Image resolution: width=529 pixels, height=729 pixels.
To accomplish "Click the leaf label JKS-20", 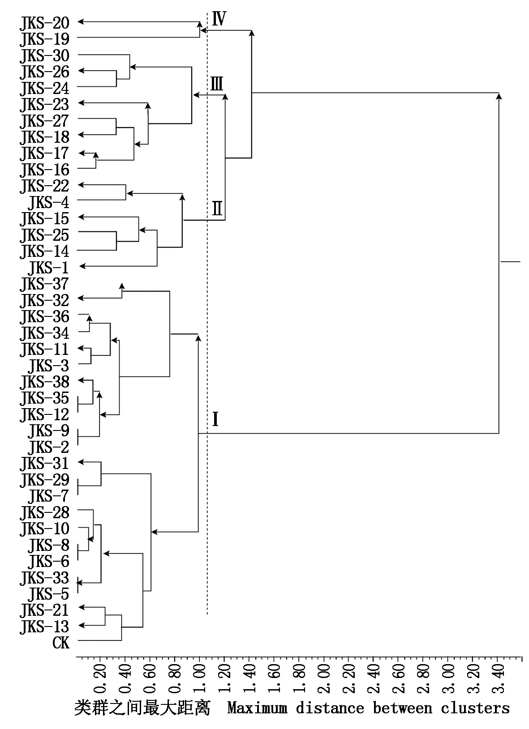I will [44, 23].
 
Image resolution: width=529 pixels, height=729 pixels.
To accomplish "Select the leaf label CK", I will [61, 643].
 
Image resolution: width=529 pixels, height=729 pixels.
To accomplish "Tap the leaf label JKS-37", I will [44, 284].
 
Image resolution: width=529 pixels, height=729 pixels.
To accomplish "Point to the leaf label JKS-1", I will [48, 268].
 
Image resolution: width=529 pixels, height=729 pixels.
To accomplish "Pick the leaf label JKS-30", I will [44, 56].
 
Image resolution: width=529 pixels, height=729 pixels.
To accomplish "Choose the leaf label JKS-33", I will [44, 578].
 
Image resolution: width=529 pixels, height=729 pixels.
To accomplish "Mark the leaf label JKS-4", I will [48, 203].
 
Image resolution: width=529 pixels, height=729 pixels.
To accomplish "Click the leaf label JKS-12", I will [44, 414].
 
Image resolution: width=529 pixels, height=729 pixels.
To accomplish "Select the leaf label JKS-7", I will [48, 496].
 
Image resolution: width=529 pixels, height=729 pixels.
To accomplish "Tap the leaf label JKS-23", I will [44, 105].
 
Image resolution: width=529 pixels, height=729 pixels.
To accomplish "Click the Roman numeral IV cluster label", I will [219, 19].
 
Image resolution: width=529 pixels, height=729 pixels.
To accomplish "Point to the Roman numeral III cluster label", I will [217, 84].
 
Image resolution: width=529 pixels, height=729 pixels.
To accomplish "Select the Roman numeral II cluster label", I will [217, 209].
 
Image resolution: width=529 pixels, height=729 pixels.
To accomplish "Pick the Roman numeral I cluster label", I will [215, 420].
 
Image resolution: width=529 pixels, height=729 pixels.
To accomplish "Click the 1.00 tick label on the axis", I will [200, 678].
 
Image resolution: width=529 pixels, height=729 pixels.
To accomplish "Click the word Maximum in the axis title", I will [257, 708].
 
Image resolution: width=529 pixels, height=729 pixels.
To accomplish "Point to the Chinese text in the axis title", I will [142, 708].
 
